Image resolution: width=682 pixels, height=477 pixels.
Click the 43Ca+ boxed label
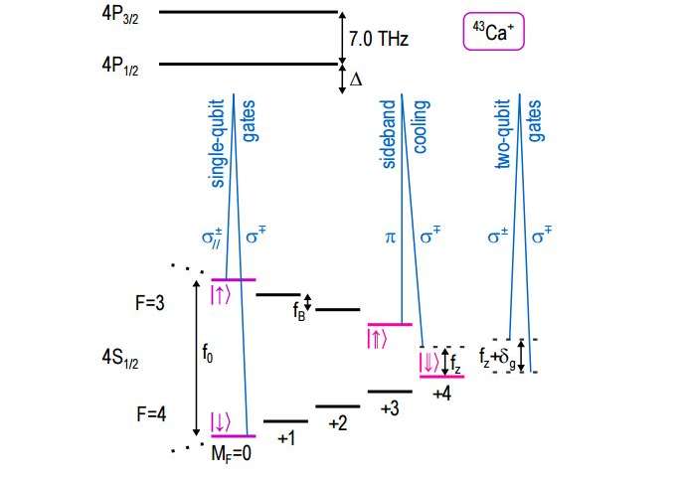(495, 32)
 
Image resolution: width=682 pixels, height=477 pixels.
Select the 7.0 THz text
(379, 39)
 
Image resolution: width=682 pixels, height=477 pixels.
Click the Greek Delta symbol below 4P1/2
(356, 79)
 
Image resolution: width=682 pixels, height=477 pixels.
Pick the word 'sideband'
(390, 133)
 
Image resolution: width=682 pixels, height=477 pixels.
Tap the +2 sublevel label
(338, 423)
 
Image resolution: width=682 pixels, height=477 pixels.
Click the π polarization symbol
(390, 238)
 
